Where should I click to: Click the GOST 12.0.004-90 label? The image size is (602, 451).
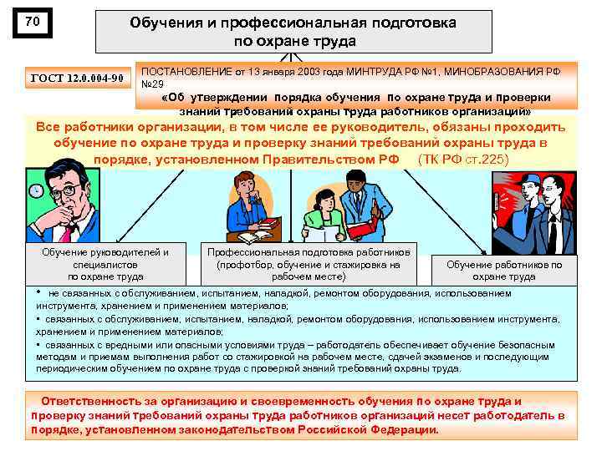(x=77, y=79)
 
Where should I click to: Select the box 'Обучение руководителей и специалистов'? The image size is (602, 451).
(x=105, y=264)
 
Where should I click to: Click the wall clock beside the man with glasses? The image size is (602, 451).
(x=35, y=191)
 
